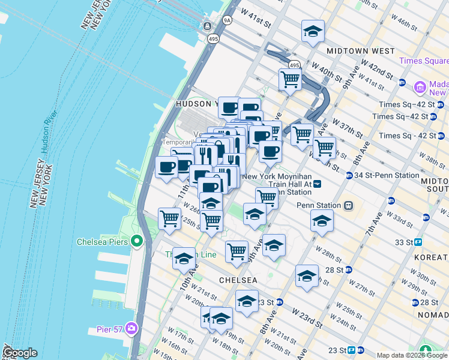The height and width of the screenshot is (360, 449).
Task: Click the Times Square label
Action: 423,61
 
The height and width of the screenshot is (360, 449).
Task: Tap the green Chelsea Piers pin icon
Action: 137,242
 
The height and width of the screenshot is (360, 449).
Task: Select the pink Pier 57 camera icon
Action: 131,329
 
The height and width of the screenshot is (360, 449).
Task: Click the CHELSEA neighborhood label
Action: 238,280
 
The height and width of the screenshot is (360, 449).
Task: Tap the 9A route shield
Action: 227,20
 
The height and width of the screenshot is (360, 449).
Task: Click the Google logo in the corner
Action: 20,353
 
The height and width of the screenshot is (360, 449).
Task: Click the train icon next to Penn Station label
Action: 346,205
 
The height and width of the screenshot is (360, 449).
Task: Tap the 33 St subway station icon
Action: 418,242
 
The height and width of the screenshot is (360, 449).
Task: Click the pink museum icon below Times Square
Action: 420,88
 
